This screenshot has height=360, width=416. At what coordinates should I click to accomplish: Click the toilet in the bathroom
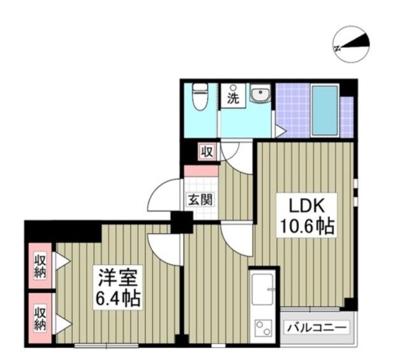200,96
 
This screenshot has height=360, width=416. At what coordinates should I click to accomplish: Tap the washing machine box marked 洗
233,96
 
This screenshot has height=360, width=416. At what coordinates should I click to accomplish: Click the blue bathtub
325,111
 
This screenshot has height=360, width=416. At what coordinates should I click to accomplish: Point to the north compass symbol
351,45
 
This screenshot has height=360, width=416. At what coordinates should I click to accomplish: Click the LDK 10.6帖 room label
306,215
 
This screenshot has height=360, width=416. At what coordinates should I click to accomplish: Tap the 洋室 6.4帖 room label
117,287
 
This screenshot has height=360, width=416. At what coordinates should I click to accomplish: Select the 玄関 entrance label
200,199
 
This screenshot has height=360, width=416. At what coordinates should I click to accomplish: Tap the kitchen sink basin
262,289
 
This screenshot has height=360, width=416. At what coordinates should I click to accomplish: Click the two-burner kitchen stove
263,328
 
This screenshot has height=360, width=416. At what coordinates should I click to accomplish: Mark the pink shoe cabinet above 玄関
201,171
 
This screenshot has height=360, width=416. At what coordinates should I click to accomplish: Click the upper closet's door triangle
62,261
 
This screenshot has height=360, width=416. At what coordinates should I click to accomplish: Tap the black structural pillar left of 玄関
182,222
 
